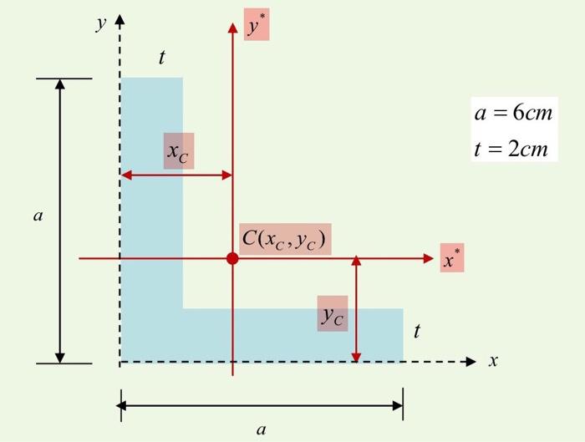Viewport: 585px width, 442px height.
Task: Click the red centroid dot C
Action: (x=232, y=258)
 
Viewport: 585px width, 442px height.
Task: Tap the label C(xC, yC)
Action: (x=284, y=239)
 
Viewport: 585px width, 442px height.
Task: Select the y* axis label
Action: (x=257, y=24)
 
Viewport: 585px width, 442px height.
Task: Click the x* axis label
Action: (x=452, y=257)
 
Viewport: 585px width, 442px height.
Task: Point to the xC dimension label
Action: (x=177, y=152)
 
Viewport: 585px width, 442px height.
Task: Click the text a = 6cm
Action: (x=513, y=112)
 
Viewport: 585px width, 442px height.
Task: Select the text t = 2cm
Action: (x=511, y=149)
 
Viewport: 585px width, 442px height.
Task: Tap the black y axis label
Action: (x=101, y=23)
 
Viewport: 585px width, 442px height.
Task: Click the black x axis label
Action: (x=493, y=360)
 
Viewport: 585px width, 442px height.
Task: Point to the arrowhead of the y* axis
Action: (x=232, y=28)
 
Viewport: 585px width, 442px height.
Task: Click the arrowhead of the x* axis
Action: (x=428, y=258)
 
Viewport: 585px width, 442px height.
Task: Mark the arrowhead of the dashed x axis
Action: (x=471, y=362)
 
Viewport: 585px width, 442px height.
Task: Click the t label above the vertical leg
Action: (x=161, y=58)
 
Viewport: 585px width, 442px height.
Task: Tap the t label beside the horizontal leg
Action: (x=417, y=331)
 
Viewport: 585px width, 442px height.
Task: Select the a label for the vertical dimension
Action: (x=38, y=216)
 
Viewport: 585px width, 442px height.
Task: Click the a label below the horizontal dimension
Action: (x=262, y=429)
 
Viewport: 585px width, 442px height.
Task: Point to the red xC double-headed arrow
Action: (x=177, y=175)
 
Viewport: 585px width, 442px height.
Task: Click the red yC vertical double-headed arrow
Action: (x=356, y=309)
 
